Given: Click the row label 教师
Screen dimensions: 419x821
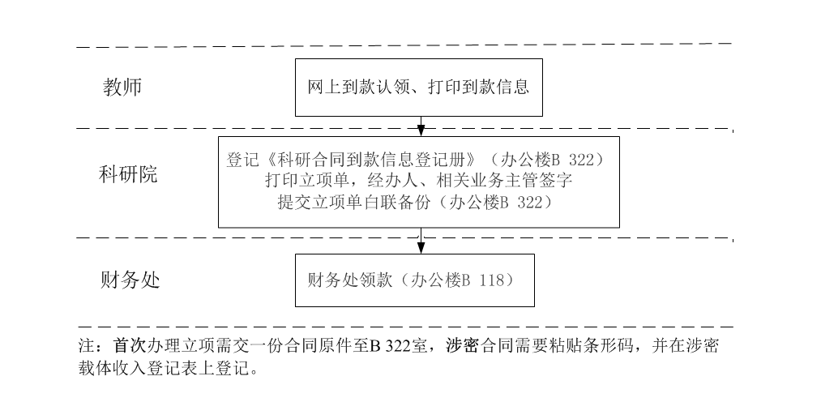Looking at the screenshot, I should (122, 87).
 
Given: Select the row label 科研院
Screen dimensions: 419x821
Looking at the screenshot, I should (128, 175).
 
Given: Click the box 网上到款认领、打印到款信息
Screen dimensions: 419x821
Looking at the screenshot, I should (418, 87).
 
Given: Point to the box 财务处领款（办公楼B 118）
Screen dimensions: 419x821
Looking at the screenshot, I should (414, 280).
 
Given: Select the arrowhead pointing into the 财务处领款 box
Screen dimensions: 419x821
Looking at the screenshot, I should (421, 248).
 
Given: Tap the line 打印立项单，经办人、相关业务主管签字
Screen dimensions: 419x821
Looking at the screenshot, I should (419, 181).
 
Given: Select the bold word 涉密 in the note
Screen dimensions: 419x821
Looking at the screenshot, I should (463, 346).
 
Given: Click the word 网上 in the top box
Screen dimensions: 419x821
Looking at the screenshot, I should (319, 87).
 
